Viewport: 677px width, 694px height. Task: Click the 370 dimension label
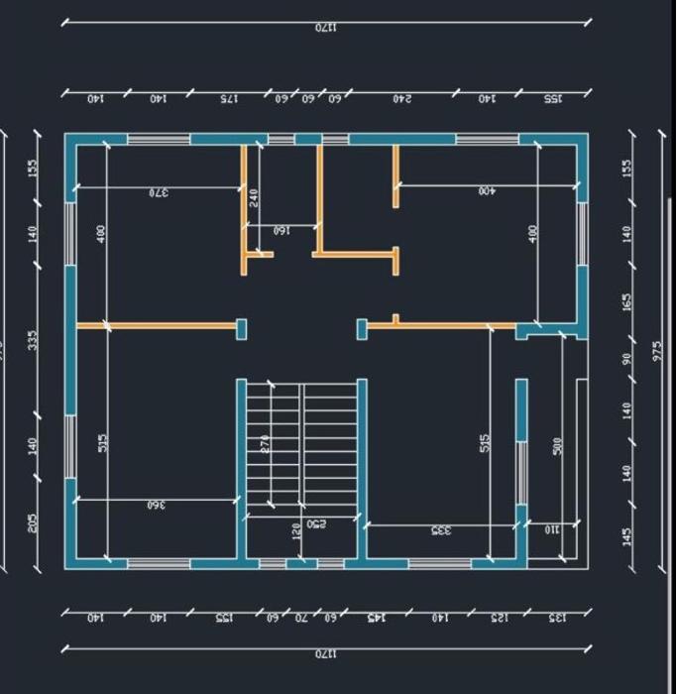click(x=159, y=192)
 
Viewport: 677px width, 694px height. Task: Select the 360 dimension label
click(x=156, y=505)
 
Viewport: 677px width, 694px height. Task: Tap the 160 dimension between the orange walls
click(x=282, y=231)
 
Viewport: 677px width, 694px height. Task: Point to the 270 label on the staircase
click(x=266, y=444)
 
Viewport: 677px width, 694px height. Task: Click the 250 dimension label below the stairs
click(x=317, y=522)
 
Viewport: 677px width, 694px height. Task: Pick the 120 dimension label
click(x=296, y=531)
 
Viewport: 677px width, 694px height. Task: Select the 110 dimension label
click(x=552, y=529)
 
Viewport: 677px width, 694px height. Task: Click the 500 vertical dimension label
click(x=557, y=446)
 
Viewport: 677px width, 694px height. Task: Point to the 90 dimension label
click(x=626, y=358)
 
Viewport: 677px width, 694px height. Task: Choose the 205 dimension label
click(x=33, y=522)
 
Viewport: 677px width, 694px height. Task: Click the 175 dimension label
click(x=229, y=99)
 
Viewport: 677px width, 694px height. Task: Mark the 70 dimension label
click(x=302, y=618)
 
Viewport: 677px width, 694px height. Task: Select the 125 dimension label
click(x=501, y=618)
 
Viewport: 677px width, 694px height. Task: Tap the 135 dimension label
click(x=558, y=618)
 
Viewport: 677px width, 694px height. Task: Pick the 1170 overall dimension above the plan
click(x=326, y=28)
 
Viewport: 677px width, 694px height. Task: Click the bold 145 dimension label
click(x=376, y=618)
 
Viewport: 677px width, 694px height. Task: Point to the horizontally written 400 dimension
click(x=487, y=190)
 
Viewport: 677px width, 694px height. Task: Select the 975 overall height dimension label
click(x=657, y=351)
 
